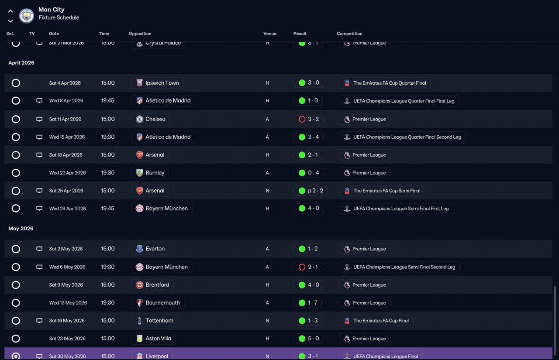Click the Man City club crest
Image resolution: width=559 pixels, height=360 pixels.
pyautogui.click(x=27, y=15)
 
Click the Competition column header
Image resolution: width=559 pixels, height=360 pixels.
pyautogui.click(x=349, y=34)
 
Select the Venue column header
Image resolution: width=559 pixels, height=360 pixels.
pyautogui.click(x=270, y=34)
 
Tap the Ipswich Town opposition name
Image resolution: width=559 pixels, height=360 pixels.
pyautogui.click(x=162, y=83)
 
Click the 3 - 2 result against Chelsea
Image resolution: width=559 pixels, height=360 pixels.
pyautogui.click(x=313, y=119)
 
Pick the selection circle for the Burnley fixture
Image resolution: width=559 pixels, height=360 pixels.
pyautogui.click(x=16, y=173)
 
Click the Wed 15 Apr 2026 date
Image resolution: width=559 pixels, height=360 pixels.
pyautogui.click(x=67, y=137)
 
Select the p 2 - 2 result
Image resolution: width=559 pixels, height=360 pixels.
pyautogui.click(x=315, y=190)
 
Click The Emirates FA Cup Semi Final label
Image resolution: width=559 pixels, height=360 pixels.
pyautogui.click(x=387, y=191)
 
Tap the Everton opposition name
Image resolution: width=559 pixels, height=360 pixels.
pyautogui.click(x=155, y=249)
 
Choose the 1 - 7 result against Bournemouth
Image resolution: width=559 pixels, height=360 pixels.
pyautogui.click(x=312, y=303)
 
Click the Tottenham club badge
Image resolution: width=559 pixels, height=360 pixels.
pyautogui.click(x=139, y=321)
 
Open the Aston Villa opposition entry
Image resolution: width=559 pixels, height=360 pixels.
pyautogui.click(x=158, y=338)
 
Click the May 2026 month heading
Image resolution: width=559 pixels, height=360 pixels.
pyautogui.click(x=21, y=228)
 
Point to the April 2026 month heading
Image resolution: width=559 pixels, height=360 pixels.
pyautogui.click(x=21, y=62)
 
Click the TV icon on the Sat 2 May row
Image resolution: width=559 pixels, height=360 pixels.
pyautogui.click(x=39, y=249)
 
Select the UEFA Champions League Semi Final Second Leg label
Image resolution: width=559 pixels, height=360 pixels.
pyautogui.click(x=404, y=267)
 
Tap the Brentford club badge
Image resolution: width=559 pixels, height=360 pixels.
pyautogui.click(x=139, y=285)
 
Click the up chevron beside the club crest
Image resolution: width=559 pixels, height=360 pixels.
pyautogui.click(x=10, y=11)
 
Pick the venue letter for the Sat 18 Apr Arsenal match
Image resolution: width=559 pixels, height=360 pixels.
pyautogui.click(x=267, y=155)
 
